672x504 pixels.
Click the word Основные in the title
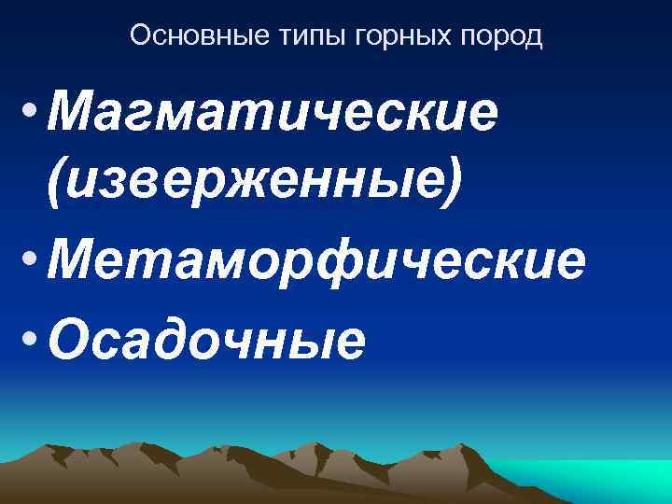(x=180, y=36)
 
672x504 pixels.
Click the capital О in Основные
(x=139, y=36)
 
